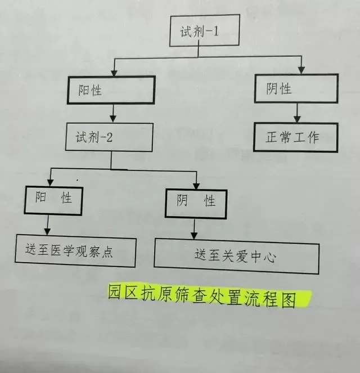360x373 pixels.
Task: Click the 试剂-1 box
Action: [x=205, y=30]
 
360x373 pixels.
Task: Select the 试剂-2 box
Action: [x=109, y=137]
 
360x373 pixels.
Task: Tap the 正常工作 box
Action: [x=295, y=137]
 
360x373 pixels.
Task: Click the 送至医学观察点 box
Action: [x=75, y=251]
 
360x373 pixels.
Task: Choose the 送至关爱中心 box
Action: [x=237, y=257]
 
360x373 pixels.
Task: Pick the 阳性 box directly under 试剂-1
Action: [x=111, y=90]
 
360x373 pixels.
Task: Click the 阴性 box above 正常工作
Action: [x=296, y=88]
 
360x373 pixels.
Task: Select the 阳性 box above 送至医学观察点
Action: [x=53, y=201]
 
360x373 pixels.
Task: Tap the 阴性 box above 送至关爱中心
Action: [x=196, y=204]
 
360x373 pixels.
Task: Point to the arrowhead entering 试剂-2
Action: [x=113, y=119]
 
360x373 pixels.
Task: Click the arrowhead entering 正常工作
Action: [x=297, y=119]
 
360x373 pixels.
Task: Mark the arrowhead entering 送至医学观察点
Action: [x=48, y=231]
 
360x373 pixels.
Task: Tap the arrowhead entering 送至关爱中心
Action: [x=194, y=236]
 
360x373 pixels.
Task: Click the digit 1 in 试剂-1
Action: [x=216, y=31]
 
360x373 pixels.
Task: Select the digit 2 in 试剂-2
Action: [x=109, y=137]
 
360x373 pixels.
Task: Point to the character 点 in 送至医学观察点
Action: [x=107, y=251]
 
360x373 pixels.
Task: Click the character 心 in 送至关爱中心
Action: [x=270, y=258]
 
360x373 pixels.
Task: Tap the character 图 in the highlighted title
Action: [x=289, y=299]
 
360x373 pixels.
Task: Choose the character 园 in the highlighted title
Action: [x=114, y=291]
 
